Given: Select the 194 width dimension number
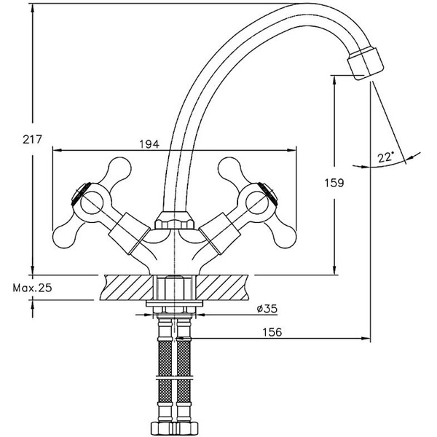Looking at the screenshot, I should [149, 144].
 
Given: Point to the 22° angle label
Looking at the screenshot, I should [385, 157].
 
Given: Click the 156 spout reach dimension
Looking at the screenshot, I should [272, 332].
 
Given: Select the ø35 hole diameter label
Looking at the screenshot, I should [266, 310].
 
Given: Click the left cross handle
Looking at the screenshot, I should [87, 197].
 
